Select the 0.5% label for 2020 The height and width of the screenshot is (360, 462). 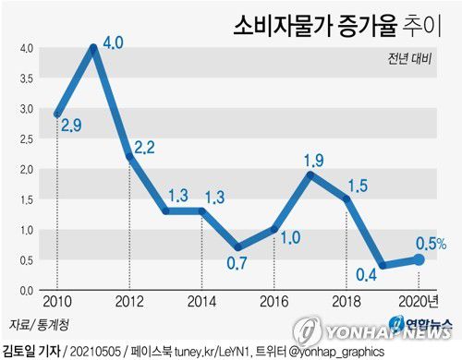(431, 244)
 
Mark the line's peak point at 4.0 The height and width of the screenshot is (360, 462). (94, 47)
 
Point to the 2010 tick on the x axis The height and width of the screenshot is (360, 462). (56, 303)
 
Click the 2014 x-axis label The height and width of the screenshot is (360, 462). (201, 303)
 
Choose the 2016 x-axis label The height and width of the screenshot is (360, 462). (274, 303)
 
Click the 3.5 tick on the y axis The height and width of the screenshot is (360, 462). (27, 78)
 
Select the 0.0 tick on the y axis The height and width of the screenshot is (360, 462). (27, 290)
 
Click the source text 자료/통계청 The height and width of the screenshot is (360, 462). (30, 323)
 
